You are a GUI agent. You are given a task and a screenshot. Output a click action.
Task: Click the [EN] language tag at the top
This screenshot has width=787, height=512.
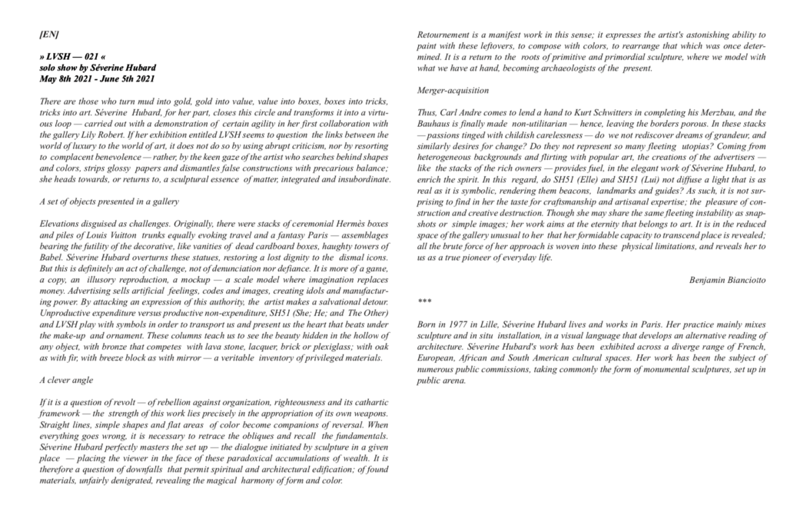pos(48,35)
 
